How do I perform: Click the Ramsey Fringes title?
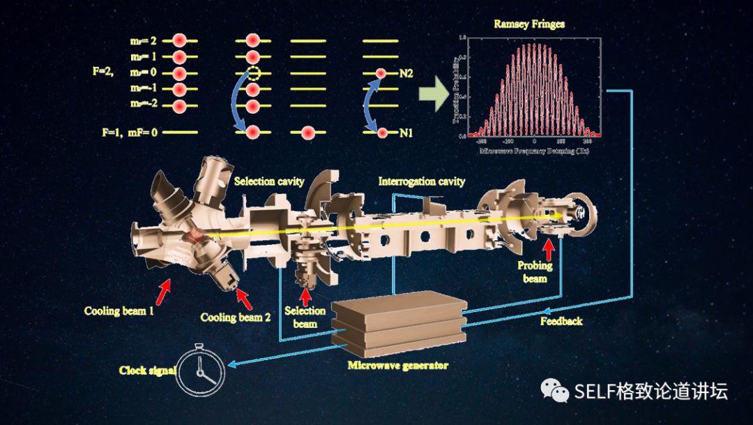click(529, 24)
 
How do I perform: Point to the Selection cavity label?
click(269, 181)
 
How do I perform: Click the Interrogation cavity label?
click(421, 181)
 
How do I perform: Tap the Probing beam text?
click(535, 271)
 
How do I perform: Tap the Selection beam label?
click(305, 317)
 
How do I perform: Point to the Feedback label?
click(561, 321)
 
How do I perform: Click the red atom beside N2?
click(381, 73)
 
